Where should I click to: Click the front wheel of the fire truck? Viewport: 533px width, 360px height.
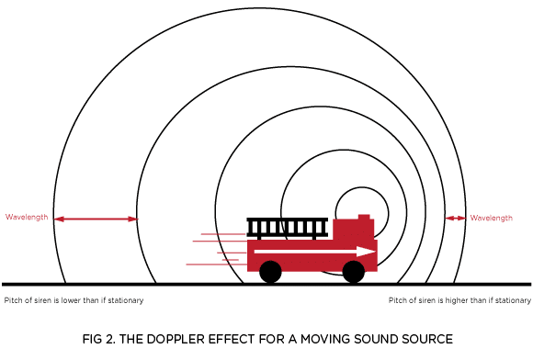point(354,271)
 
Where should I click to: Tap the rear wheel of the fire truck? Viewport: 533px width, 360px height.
point(270,271)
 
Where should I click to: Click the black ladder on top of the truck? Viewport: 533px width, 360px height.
point(288,227)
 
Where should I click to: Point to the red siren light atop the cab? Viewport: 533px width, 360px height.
point(364,217)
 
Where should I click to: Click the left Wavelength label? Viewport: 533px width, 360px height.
point(27,218)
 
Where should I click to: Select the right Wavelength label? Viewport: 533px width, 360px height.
point(492,218)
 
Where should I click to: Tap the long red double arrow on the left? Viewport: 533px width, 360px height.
point(96,219)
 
